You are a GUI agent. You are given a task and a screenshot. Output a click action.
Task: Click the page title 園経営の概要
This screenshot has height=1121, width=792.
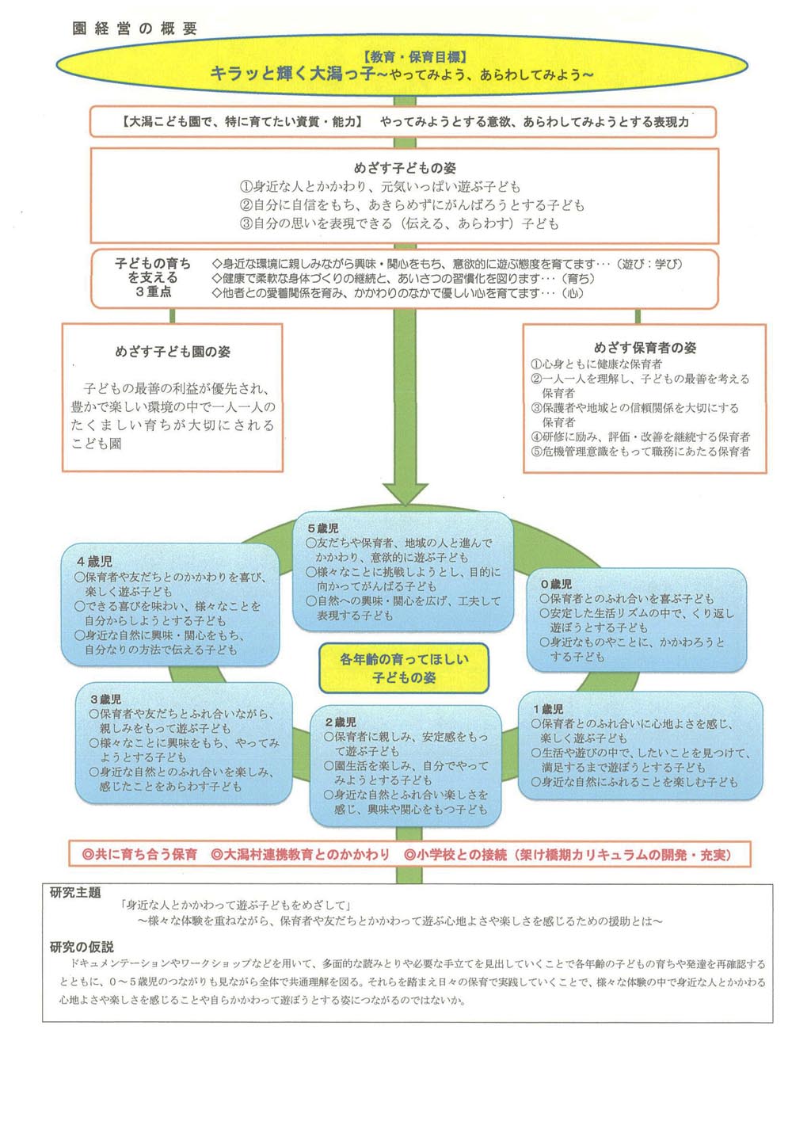point(135,29)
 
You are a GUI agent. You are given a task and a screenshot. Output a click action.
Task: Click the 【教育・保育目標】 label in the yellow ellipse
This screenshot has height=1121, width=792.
point(413,57)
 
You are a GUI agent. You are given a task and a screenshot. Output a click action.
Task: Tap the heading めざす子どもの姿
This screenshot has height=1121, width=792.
point(404,168)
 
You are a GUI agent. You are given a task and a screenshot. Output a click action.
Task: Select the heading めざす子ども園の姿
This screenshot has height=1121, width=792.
point(173,352)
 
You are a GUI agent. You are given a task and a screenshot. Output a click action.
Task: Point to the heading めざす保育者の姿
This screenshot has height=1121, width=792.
point(645,348)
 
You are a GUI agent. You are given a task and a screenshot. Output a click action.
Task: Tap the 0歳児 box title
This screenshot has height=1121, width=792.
point(556,584)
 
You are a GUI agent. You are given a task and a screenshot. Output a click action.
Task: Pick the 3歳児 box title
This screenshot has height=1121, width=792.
point(105,700)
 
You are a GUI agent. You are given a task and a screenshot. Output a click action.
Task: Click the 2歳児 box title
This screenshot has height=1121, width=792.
point(341,723)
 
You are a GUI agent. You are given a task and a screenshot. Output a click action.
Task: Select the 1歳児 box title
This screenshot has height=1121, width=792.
point(548,709)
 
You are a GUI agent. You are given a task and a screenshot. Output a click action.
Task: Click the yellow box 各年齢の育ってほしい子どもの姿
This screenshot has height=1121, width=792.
point(404,668)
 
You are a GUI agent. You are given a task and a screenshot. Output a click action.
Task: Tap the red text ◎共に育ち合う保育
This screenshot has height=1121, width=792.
point(140,854)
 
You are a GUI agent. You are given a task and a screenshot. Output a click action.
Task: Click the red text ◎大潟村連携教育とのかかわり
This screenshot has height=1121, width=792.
point(301,854)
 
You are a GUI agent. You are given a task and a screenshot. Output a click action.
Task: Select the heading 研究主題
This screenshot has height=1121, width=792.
point(75,893)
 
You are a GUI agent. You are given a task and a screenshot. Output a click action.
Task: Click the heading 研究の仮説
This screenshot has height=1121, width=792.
point(82,947)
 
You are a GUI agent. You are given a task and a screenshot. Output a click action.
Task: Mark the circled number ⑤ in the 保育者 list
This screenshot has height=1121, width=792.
point(536,452)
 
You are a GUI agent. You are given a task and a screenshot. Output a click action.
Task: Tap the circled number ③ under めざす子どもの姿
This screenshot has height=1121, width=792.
point(246,224)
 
